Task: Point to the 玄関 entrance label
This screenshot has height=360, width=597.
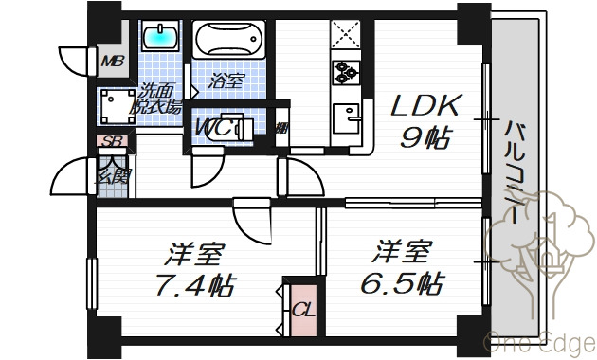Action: point(112,174)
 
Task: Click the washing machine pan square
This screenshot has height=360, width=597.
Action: point(118,103)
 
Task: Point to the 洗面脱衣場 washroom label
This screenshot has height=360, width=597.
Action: point(159,99)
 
